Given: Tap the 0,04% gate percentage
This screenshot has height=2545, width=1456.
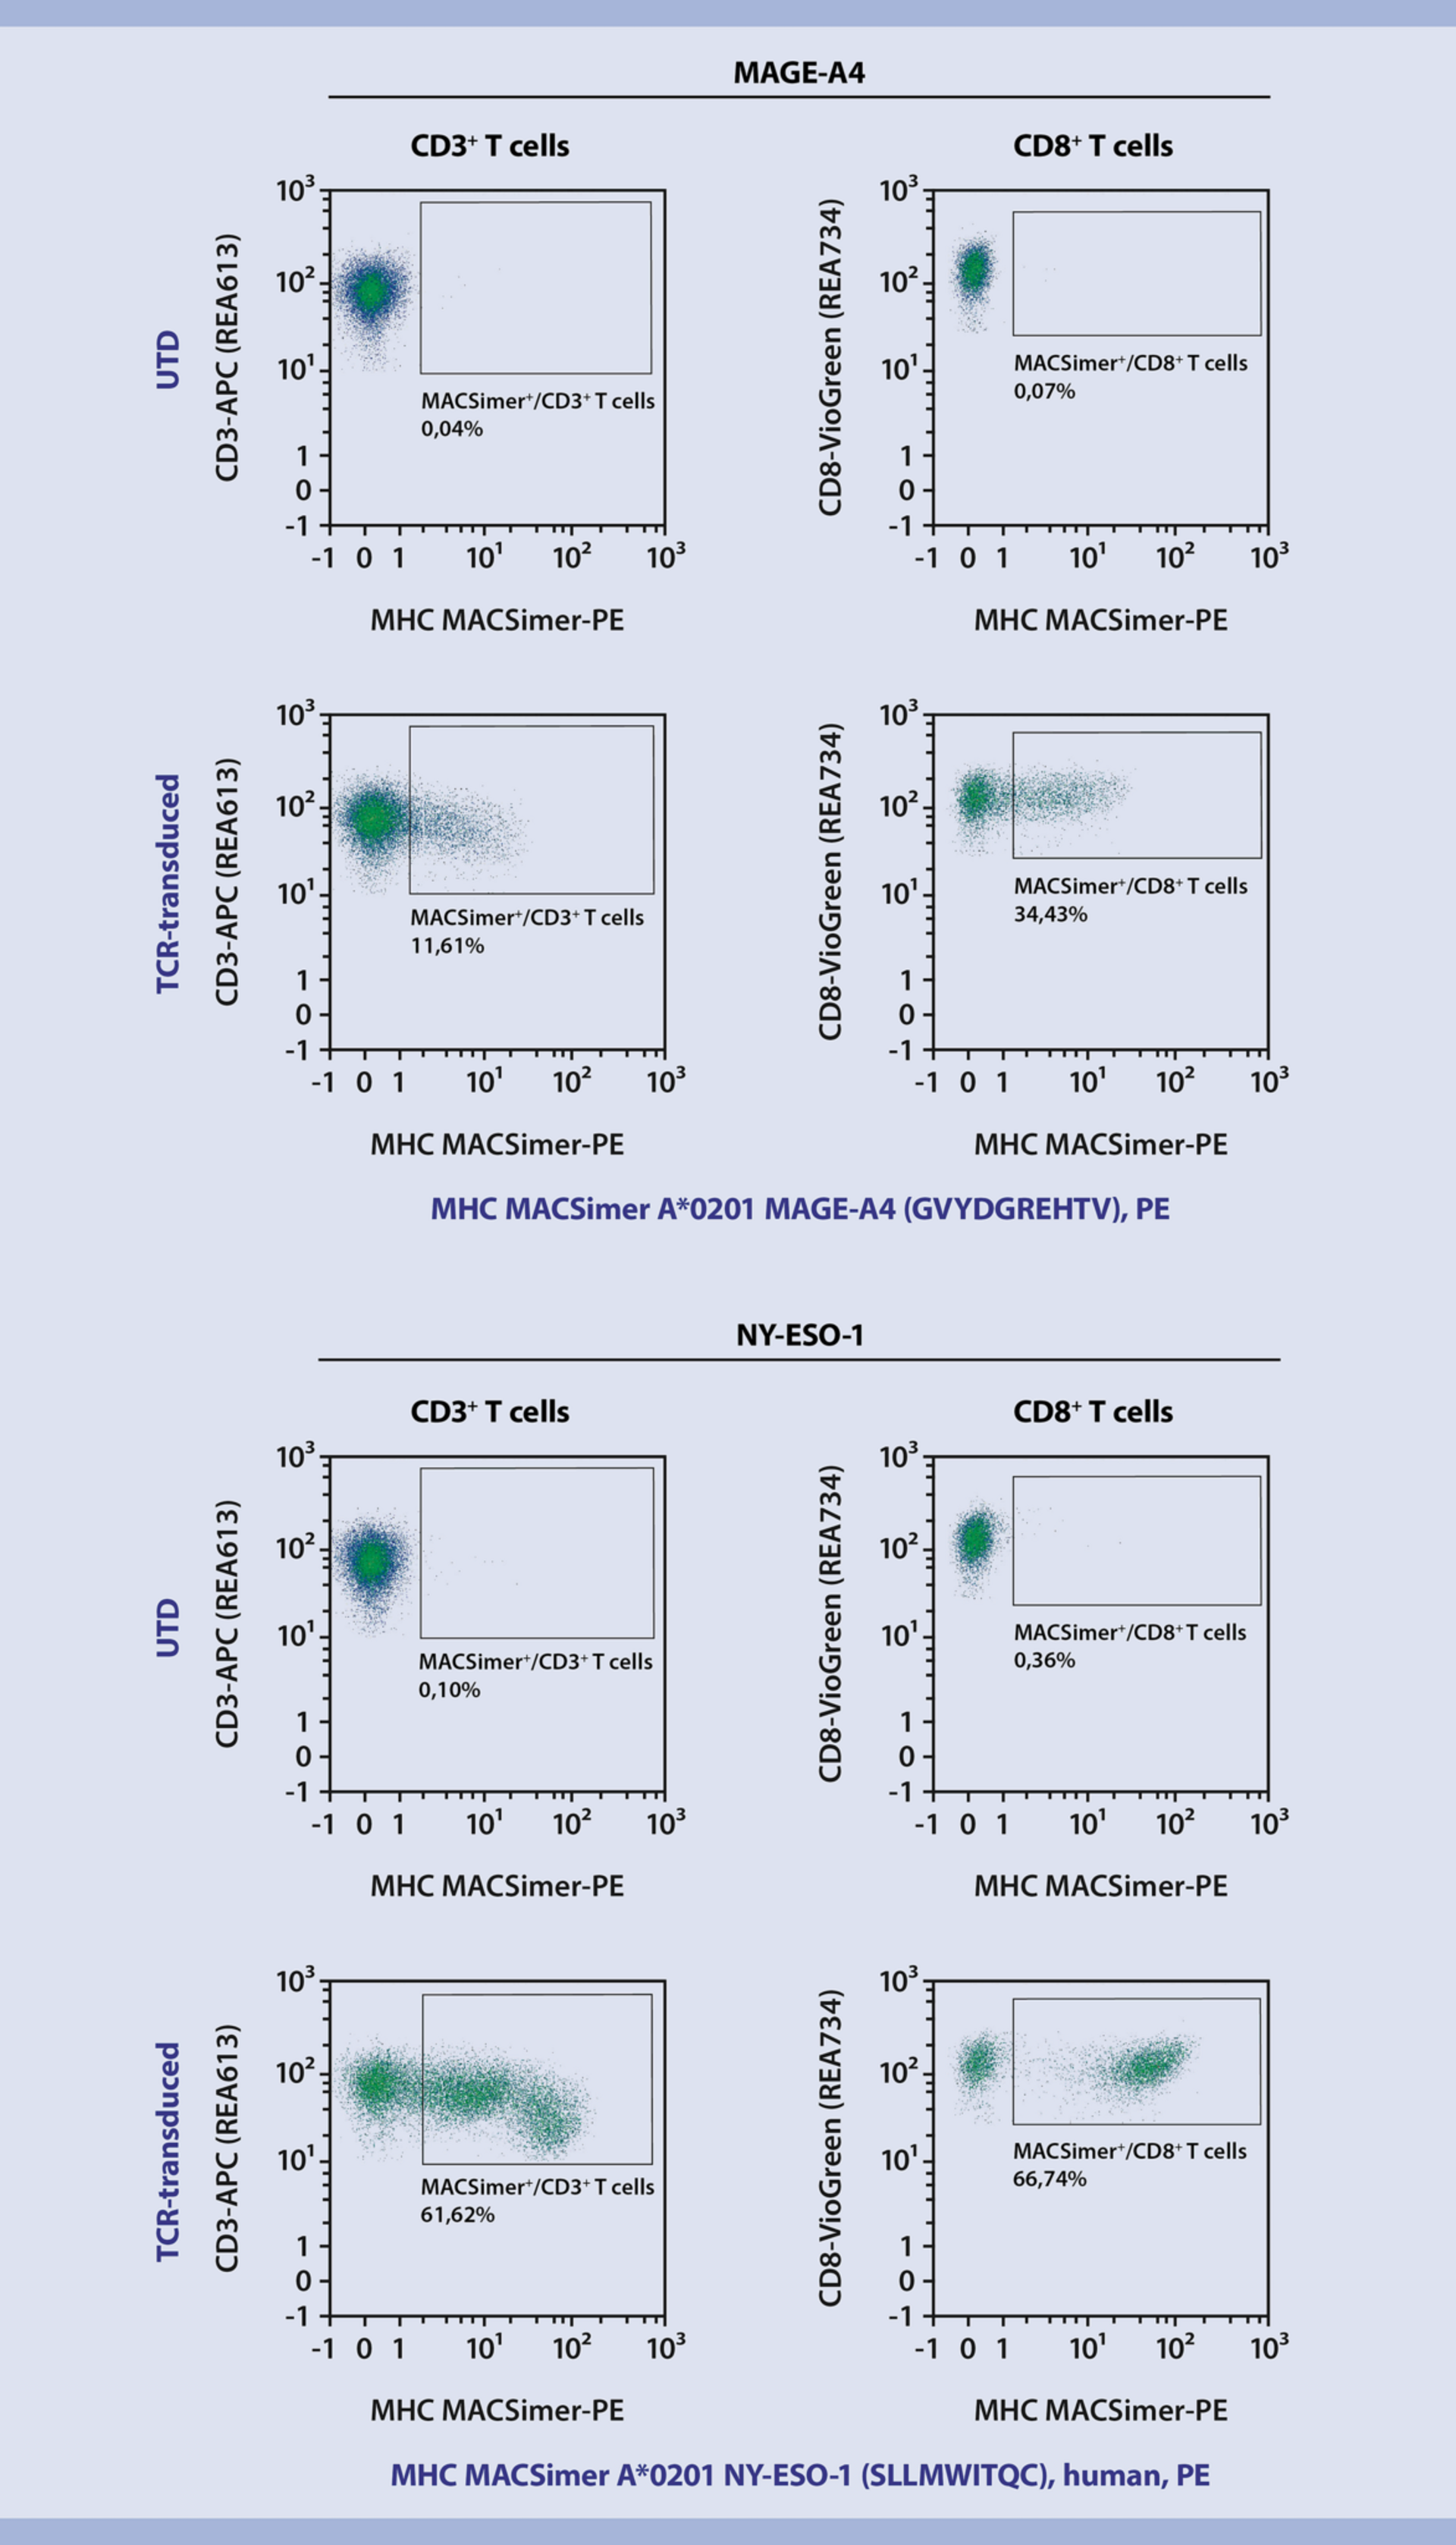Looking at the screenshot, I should pyautogui.click(x=452, y=429).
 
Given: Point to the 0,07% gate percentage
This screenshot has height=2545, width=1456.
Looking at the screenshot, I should pyautogui.click(x=1044, y=391).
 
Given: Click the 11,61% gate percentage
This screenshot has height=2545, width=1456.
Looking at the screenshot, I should pyautogui.click(x=447, y=945).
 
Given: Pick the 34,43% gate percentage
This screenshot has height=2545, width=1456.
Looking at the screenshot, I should pyautogui.click(x=1050, y=914).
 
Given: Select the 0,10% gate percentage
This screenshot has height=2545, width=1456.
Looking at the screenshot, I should pyautogui.click(x=449, y=1690).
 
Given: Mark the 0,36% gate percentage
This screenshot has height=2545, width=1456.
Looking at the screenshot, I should pyautogui.click(x=1044, y=1660).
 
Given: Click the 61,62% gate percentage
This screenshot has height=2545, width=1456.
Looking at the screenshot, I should pyautogui.click(x=457, y=2214).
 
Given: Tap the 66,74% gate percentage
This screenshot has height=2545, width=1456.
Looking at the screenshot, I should pyautogui.click(x=1049, y=2178).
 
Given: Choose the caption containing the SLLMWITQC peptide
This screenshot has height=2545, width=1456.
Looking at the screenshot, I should pyautogui.click(x=800, y=2474).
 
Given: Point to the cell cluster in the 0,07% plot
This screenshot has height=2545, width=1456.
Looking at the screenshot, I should pyautogui.click(x=973, y=268).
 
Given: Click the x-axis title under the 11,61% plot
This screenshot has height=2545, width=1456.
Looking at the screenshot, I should pyautogui.click(x=497, y=1145).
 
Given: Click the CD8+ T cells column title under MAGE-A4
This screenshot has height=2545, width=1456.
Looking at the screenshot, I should pyautogui.click(x=1092, y=146).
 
